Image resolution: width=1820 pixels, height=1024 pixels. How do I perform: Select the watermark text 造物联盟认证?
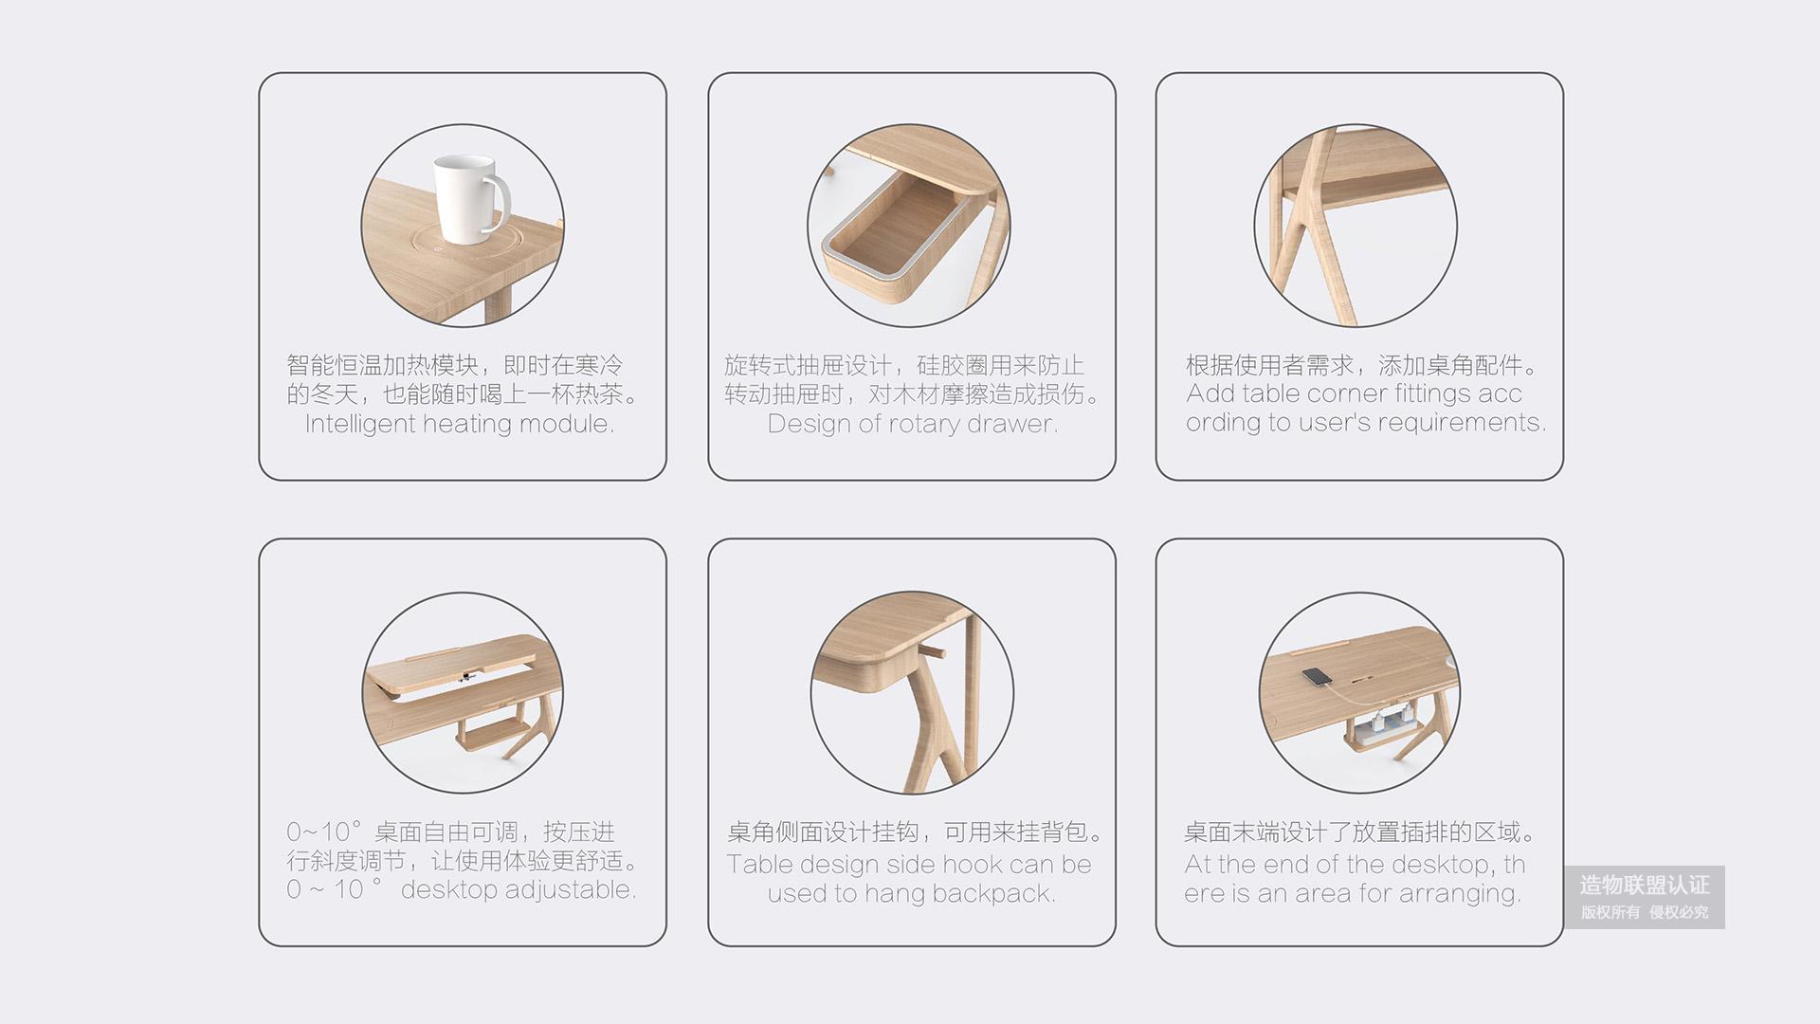click(1645, 886)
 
